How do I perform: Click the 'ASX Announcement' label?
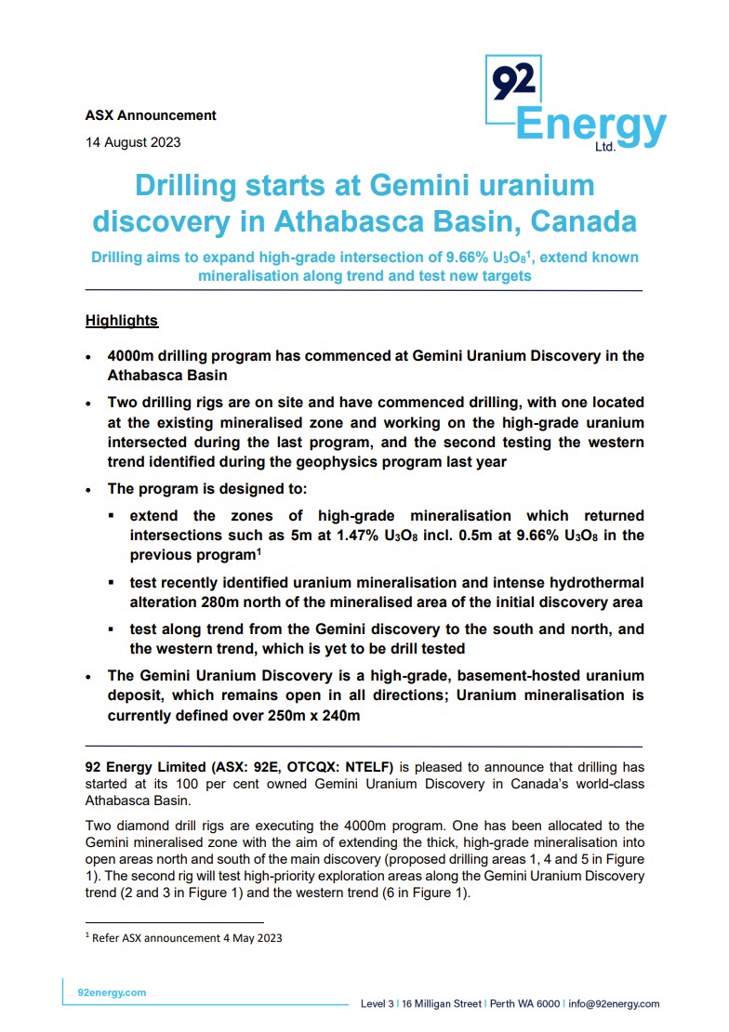point(151,115)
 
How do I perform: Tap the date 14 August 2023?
point(133,142)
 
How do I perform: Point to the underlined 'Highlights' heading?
point(122,321)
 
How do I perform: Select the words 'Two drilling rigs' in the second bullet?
point(167,403)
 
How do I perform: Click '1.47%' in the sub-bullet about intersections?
point(357,536)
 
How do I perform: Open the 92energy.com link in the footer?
point(112,993)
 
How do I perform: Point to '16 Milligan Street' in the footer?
point(442,1004)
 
